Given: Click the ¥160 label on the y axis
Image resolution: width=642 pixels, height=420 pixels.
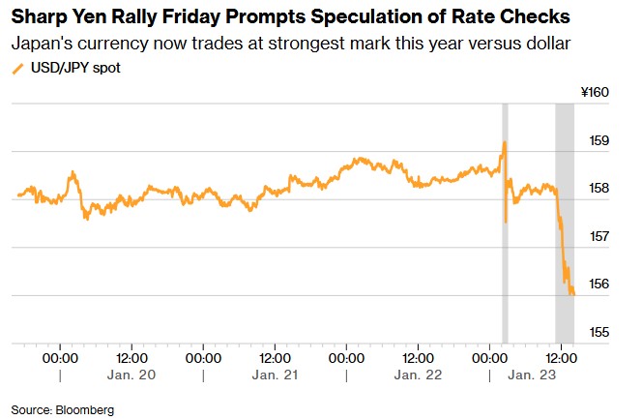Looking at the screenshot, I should click(594, 93).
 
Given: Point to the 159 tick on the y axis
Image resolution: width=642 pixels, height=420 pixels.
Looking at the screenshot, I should click(598, 141).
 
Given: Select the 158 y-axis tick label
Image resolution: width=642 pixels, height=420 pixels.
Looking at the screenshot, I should click(598, 189).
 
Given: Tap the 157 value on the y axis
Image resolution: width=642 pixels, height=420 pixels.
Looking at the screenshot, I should click(598, 237).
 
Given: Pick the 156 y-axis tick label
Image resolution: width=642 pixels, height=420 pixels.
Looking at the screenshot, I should click(598, 285).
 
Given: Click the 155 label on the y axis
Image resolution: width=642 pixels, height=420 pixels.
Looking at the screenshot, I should click(598, 333).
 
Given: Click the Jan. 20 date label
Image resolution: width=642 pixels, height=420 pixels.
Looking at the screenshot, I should click(132, 374).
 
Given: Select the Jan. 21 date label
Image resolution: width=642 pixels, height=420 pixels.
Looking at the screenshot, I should click(276, 374).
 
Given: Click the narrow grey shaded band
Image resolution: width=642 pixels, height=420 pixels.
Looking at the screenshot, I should click(505, 223).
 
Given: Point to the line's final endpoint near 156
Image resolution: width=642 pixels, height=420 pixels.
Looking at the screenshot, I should click(573, 293).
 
